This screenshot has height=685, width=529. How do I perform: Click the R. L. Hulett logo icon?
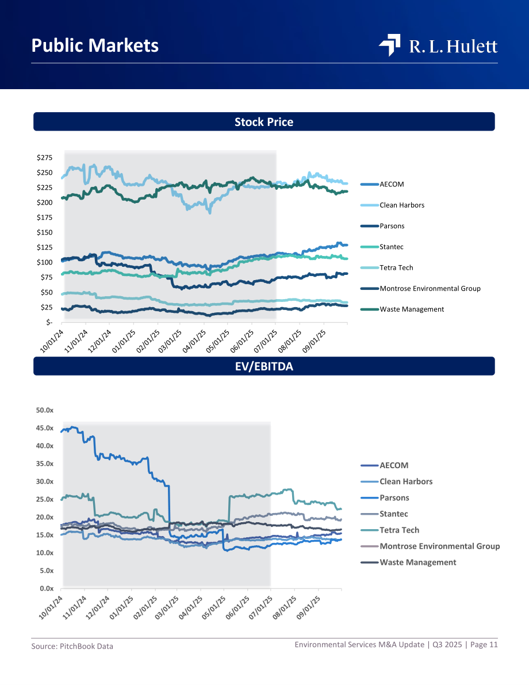tap(390, 45)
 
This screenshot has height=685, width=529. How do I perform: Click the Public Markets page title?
tap(95, 45)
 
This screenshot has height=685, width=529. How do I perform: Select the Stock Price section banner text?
tap(264, 122)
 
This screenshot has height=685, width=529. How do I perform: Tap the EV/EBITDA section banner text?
tap(264, 366)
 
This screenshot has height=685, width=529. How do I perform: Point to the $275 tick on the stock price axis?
tap(44, 158)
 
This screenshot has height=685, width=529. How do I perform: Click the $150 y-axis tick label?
tap(44, 232)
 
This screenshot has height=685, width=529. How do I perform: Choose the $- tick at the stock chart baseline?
tap(49, 323)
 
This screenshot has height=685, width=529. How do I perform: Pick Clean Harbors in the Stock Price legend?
tap(402, 205)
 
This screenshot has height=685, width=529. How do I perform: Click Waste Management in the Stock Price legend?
tap(412, 309)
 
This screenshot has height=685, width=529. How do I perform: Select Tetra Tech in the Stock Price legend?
tap(396, 268)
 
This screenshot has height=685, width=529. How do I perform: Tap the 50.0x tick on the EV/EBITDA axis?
tap(44, 410)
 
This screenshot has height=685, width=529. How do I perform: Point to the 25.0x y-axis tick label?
tap(44, 499)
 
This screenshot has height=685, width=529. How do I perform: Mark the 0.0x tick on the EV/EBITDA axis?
tap(47, 588)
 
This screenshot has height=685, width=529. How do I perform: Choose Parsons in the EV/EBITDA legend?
tap(394, 498)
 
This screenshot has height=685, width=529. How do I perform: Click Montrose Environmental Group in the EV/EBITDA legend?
tap(440, 546)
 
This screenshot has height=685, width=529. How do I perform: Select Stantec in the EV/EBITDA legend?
tap(393, 514)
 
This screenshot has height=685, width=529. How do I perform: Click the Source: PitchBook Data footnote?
tap(72, 646)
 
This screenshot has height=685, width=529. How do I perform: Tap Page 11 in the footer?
tap(484, 644)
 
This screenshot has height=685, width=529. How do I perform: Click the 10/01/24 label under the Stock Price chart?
tap(52, 341)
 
